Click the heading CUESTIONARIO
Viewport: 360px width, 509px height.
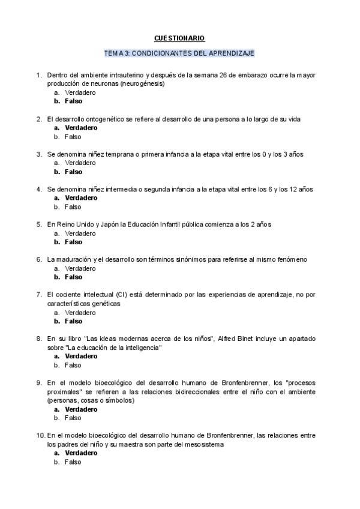click(179, 38)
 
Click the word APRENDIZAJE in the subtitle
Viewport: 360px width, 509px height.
click(230, 53)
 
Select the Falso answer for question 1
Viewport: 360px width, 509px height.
click(73, 101)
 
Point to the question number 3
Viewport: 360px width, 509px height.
click(39, 154)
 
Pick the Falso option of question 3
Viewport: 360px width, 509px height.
click(73, 172)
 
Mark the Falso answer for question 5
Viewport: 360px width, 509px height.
click(73, 242)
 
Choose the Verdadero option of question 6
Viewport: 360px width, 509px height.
click(80, 268)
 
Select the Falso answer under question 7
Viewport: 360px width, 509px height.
click(73, 321)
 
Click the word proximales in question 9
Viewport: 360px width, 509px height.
click(63, 392)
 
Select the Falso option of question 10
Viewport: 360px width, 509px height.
click(73, 462)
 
